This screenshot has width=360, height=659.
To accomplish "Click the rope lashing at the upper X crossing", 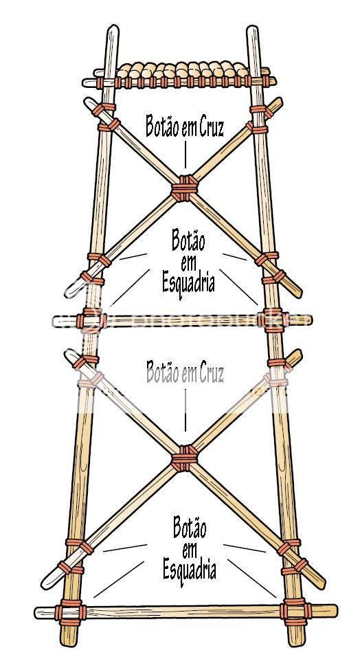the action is pyautogui.click(x=184, y=188).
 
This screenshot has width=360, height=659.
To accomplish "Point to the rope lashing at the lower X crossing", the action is pyautogui.click(x=184, y=458).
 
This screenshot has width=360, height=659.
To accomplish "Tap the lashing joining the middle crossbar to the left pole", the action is pyautogui.click(x=90, y=321).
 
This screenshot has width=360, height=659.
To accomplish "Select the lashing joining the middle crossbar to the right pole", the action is pyautogui.click(x=273, y=320).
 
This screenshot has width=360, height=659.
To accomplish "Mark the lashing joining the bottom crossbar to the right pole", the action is pyautogui.click(x=295, y=611).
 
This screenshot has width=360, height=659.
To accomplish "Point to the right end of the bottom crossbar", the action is pyautogui.click(x=335, y=610).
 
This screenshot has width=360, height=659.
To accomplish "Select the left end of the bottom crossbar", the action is pyautogui.click(x=37, y=613).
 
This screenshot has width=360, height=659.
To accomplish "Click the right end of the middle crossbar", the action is pyautogui.click(x=310, y=320).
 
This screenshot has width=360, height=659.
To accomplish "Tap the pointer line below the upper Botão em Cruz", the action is pyautogui.click(x=185, y=155).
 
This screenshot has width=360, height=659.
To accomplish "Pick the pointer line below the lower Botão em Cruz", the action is pyautogui.click(x=185, y=410).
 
